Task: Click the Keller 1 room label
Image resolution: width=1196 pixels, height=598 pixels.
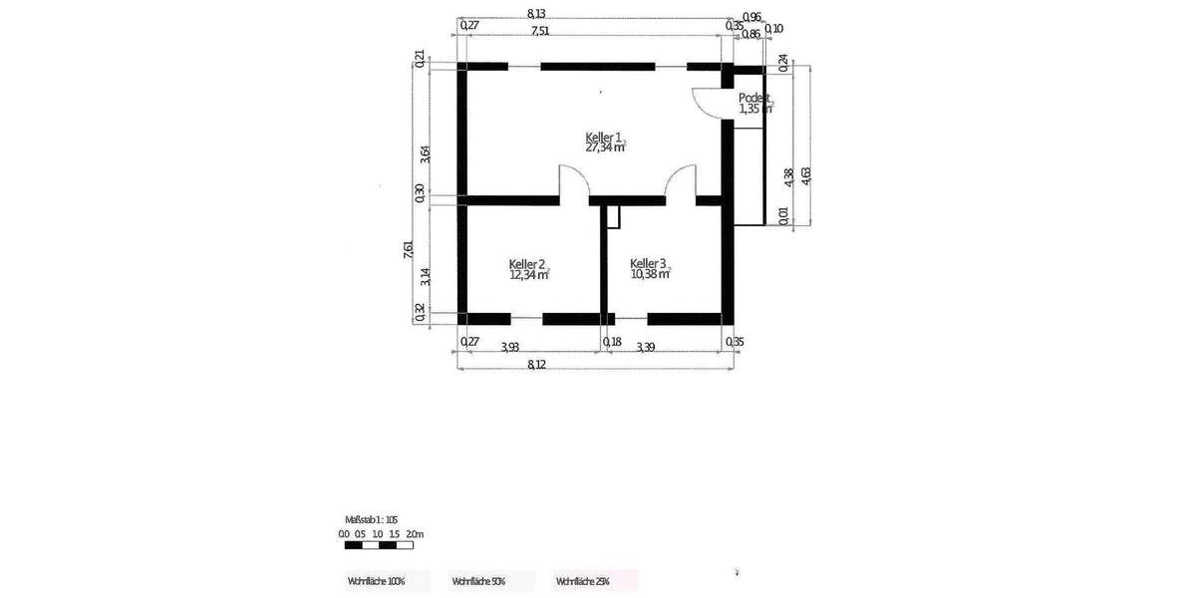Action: [x=604, y=137]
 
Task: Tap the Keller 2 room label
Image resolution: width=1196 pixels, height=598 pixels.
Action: [x=527, y=264]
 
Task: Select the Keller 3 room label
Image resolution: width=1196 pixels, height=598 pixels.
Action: [x=648, y=264]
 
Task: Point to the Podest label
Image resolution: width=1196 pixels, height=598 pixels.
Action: [x=753, y=98]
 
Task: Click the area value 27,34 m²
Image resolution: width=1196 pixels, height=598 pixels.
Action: [x=605, y=148]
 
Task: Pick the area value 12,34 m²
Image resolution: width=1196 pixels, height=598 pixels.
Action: [x=529, y=275]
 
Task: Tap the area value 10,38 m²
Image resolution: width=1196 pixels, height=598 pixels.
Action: [x=650, y=275]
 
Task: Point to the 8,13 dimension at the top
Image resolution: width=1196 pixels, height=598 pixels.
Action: [x=535, y=13]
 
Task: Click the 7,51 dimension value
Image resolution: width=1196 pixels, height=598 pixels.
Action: [x=539, y=31]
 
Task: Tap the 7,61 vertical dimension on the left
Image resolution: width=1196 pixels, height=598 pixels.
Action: [x=408, y=250]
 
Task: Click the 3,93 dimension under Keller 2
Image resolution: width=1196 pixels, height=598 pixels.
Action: [x=509, y=347]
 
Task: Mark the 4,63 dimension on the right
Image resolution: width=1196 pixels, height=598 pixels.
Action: [x=806, y=175]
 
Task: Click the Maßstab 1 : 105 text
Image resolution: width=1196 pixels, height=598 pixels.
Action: [x=371, y=519]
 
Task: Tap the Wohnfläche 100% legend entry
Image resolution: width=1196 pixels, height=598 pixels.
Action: [x=377, y=580]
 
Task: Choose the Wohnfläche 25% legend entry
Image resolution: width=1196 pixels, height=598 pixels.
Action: [x=583, y=580]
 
